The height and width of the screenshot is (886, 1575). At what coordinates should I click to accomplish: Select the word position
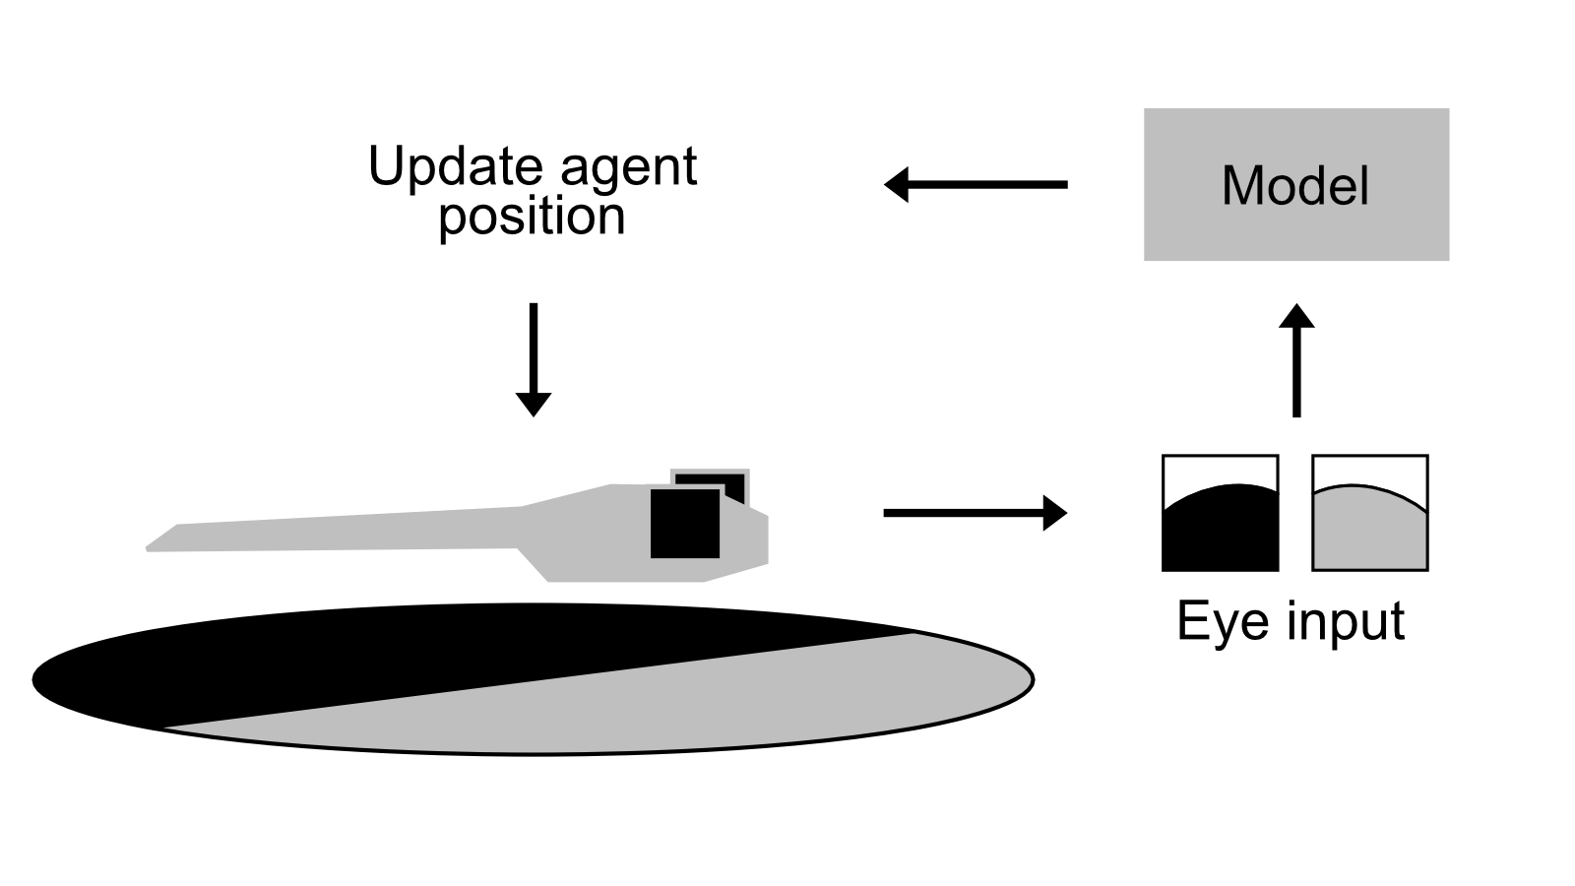[532, 217]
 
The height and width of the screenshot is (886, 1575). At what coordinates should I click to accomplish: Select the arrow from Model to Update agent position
[975, 184]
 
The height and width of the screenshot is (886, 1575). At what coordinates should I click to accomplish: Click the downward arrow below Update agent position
[533, 359]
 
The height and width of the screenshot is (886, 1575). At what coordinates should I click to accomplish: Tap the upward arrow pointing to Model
[1295, 359]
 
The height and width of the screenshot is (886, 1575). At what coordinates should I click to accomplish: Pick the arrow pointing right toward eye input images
[975, 513]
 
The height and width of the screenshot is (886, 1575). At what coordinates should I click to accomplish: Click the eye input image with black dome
[1220, 532]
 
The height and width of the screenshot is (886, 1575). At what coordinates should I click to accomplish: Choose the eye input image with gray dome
[1369, 532]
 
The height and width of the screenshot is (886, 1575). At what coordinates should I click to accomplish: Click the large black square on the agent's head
[684, 523]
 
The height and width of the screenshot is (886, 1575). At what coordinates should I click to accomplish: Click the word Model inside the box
[1295, 185]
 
